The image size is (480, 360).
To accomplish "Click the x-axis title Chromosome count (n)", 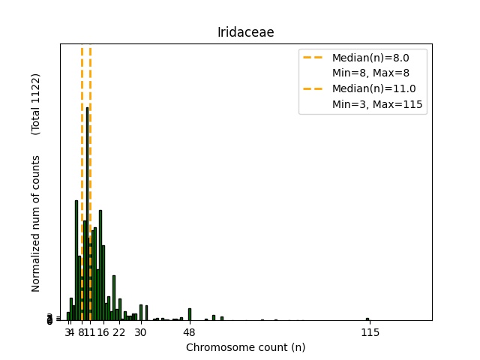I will tap(245, 347).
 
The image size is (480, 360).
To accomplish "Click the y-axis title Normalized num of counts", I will tap(36, 223).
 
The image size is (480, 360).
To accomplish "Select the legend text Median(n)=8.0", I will tap(370, 57).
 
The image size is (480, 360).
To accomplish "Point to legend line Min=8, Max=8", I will tap(370, 73).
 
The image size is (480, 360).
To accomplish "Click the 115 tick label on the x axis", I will tap(368, 332).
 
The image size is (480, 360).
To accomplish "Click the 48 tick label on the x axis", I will tap(189, 332).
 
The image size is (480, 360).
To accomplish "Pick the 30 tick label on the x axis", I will tap(140, 332).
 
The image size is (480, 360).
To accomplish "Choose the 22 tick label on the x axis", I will tap(118, 332).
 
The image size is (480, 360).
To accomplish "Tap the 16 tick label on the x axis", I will tap(103, 332).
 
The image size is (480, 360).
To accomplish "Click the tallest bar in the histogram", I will tap(88, 214).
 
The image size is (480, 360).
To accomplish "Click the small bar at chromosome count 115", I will tap(367, 319).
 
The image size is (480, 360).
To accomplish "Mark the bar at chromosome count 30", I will tap(141, 313).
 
